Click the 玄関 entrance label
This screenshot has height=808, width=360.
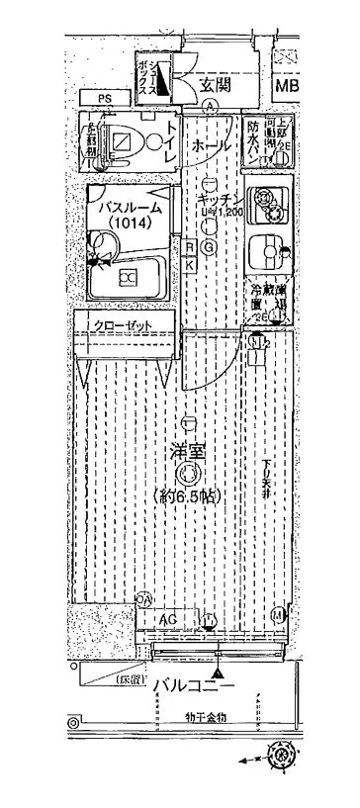point(215,83)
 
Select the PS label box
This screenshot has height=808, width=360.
point(104,98)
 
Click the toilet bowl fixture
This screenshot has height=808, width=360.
point(121,144)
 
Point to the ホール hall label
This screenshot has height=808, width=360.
point(211,145)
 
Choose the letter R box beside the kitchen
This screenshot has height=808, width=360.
point(188,247)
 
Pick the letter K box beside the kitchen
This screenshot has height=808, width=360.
point(188,264)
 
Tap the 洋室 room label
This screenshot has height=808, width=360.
point(187,453)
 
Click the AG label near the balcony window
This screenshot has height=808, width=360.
point(167,619)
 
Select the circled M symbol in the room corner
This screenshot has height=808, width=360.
point(278,616)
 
